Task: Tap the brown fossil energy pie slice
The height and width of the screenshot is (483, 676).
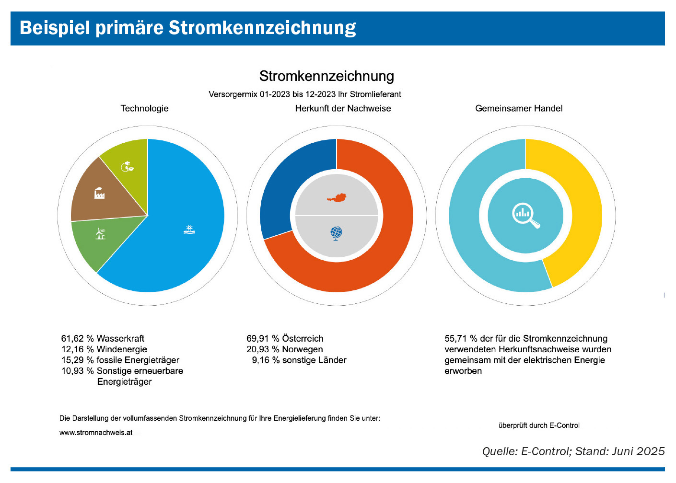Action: tap(105, 192)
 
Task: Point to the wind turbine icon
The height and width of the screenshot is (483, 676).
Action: tap(100, 234)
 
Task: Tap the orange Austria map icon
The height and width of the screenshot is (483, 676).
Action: tap(337, 197)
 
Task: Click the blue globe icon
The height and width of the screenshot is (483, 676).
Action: tap(336, 233)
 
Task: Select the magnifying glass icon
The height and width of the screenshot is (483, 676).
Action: tap(525, 216)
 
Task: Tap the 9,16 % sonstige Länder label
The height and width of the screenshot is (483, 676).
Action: tap(299, 360)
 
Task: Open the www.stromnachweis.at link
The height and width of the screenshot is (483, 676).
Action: tap(96, 433)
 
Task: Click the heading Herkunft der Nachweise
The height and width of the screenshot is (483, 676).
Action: tap(343, 108)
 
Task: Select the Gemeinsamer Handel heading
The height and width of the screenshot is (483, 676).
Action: tap(519, 108)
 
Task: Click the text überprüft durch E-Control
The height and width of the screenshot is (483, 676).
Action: tap(539, 425)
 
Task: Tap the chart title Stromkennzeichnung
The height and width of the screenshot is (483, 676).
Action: tap(326, 76)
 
